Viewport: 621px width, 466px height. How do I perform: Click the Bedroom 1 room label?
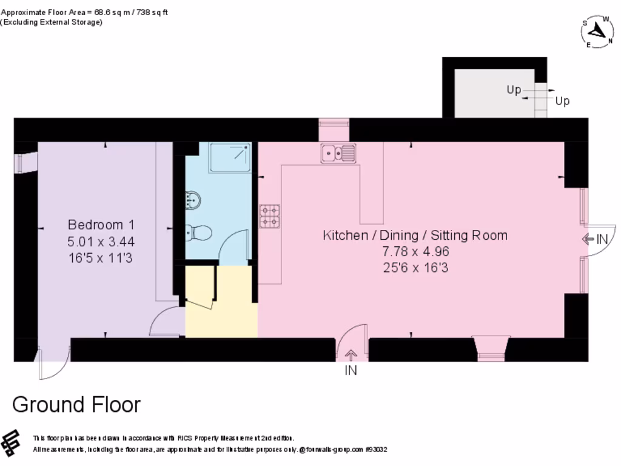pyautogui.click(x=101, y=225)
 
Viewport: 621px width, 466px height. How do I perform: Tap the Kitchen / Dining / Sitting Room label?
pyautogui.click(x=415, y=235)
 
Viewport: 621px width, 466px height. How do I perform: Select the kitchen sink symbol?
pyautogui.click(x=338, y=154)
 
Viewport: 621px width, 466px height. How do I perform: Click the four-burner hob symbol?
pyautogui.click(x=270, y=217)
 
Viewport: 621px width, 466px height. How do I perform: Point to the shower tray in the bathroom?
pyautogui.click(x=230, y=158)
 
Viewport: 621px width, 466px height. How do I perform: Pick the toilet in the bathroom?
pyautogui.click(x=198, y=232)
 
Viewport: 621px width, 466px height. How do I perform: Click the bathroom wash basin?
pyautogui.click(x=193, y=200)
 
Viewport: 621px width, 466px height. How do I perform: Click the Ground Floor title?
pyautogui.click(x=76, y=405)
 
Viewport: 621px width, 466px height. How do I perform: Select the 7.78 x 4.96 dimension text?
pyautogui.click(x=415, y=251)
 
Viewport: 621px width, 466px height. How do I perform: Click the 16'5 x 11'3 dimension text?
pyautogui.click(x=101, y=258)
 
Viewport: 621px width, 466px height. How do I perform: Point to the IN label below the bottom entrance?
pyautogui.click(x=351, y=370)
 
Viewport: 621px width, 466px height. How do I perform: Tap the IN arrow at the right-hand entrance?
pyautogui.click(x=587, y=239)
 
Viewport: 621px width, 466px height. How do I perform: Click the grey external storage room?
pyautogui.click(x=494, y=93)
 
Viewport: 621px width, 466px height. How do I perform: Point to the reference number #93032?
pyautogui.click(x=376, y=450)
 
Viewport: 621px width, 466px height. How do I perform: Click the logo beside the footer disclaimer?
pyautogui.click(x=11, y=442)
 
